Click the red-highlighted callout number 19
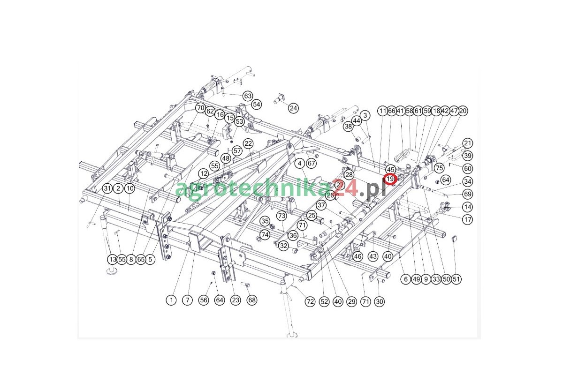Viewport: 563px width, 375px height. point(390,179)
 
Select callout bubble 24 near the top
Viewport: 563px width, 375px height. point(293,108)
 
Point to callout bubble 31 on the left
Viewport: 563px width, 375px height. point(108,188)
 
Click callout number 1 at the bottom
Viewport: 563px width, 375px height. point(172,300)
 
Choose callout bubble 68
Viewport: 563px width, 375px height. point(252,300)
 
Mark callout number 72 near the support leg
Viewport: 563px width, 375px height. point(310,302)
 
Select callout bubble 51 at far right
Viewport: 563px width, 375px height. point(456,279)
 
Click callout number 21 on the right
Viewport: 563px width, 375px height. point(467,143)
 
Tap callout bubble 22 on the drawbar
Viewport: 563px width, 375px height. point(248,143)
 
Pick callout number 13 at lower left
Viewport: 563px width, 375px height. point(112,259)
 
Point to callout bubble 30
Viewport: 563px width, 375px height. point(380,302)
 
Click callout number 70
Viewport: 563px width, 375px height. point(200,108)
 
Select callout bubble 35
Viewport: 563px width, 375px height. point(265,221)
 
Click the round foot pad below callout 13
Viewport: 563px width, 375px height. point(112,271)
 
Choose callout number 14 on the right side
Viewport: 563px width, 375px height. point(467,207)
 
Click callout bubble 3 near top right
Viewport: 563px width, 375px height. point(366,115)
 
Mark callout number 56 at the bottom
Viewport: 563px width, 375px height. point(203,300)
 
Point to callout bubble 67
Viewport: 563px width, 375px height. point(312,164)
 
